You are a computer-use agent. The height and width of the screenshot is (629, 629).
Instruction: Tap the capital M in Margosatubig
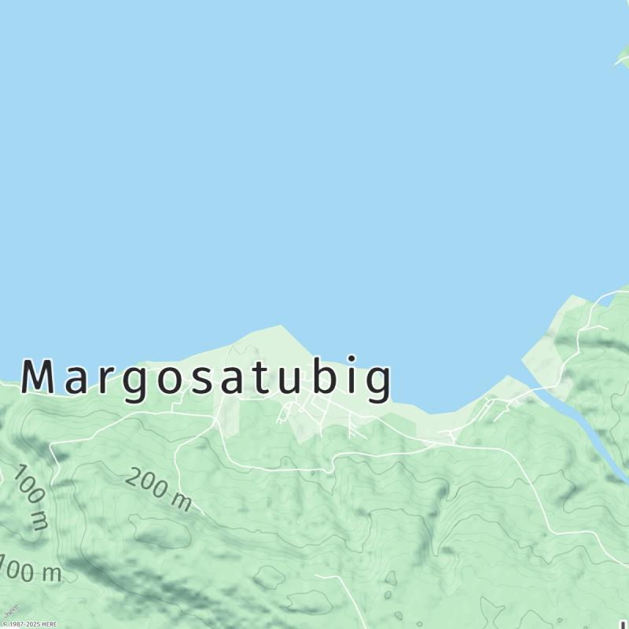click(39, 377)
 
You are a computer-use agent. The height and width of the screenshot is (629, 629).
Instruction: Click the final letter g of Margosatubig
click(378, 383)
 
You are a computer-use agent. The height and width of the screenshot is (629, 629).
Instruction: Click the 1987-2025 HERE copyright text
click(29, 624)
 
